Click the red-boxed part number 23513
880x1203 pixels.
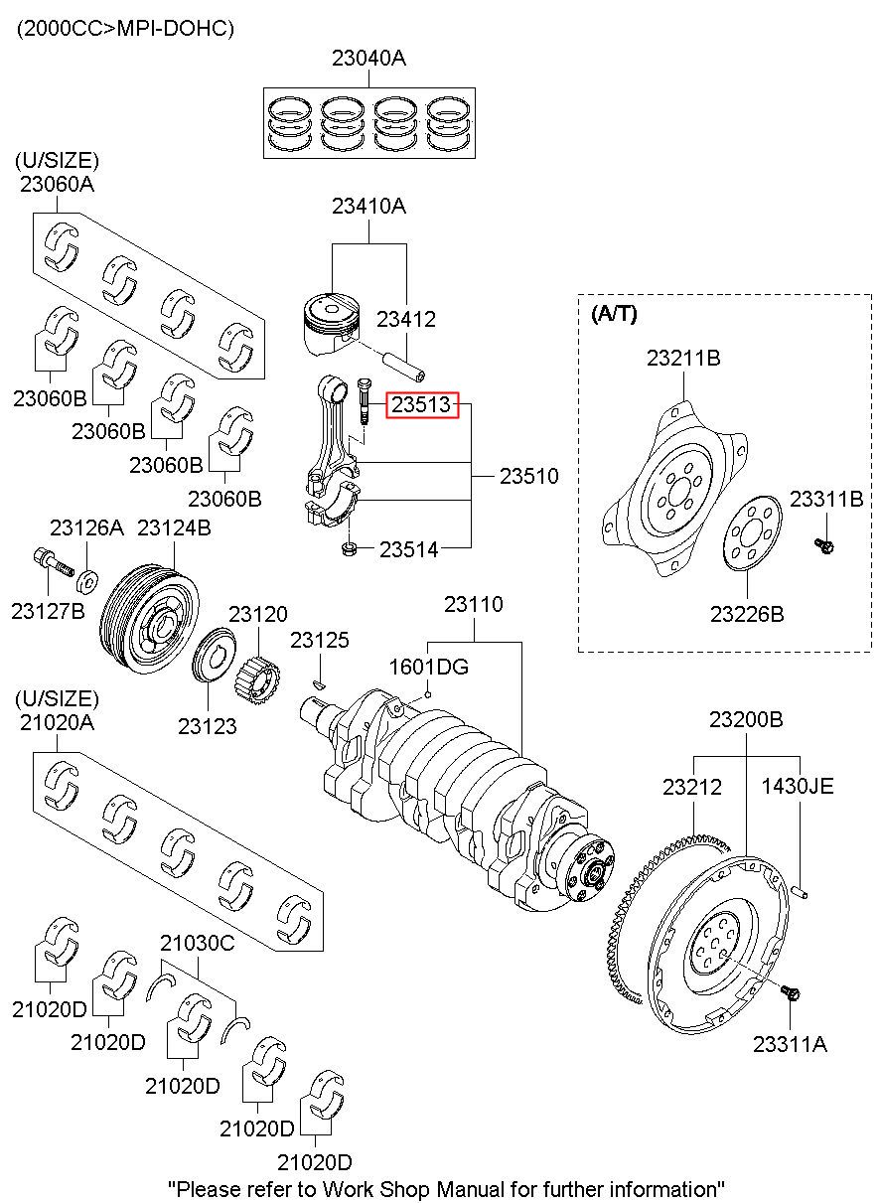pos(422,404)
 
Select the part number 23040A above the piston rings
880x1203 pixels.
pos(368,59)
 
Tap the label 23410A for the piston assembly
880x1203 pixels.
pos(368,207)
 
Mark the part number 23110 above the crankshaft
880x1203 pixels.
pos(473,604)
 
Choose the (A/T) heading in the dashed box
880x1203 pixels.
pos(614,315)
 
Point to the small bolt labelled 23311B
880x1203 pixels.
pos(823,543)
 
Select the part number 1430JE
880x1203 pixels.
pos(798,786)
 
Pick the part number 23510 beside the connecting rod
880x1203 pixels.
pos(528,477)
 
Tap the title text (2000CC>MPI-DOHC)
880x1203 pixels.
pos(124,29)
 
